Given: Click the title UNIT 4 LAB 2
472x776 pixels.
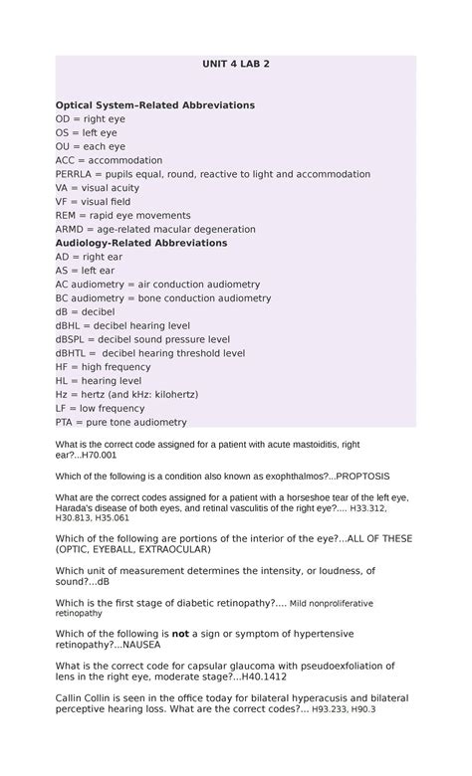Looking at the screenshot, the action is pyautogui.click(x=236, y=64).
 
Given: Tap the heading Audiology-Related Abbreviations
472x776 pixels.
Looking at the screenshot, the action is pyautogui.click(x=141, y=242).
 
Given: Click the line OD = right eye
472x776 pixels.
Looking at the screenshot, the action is pyautogui.click(x=90, y=118).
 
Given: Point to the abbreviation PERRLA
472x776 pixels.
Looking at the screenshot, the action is pyautogui.click(x=77, y=174).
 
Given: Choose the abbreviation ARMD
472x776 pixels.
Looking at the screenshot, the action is pyautogui.click(x=72, y=229).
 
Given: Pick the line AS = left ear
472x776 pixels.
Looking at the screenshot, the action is pyautogui.click(x=85, y=270).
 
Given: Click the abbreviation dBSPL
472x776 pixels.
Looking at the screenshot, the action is pyautogui.click(x=74, y=338).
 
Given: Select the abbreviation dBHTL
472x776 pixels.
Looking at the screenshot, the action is pyautogui.click(x=74, y=352).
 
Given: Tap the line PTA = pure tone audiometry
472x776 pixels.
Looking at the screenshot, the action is pyautogui.click(x=120, y=421).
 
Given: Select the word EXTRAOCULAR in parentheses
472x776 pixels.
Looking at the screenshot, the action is pyautogui.click(x=167, y=549).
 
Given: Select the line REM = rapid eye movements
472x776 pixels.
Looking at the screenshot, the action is pyautogui.click(x=122, y=215).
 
